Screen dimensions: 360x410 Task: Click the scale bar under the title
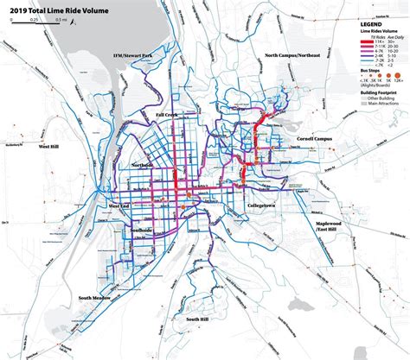tap(35, 22)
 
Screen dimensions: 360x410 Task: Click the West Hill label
tap(51, 148)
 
